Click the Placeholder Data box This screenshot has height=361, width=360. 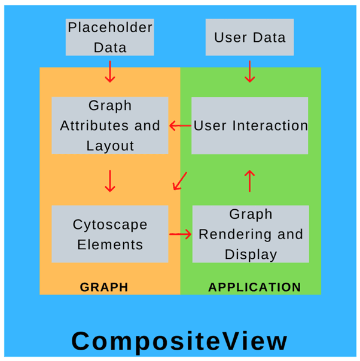point(110,37)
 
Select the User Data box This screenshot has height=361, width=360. point(250,37)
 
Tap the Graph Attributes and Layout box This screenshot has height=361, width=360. point(110,126)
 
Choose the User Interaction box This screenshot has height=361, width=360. point(250,126)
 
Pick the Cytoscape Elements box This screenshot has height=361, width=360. point(110,234)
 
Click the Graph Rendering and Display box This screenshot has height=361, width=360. point(251,234)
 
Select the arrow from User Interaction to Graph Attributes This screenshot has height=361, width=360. point(179,126)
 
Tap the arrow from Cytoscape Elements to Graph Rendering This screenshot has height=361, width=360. point(179,234)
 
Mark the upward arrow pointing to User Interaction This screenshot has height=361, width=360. point(250,180)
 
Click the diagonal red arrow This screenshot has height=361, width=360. point(179,181)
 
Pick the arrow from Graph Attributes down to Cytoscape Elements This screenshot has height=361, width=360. point(109,180)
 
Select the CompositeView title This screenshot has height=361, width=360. point(179,341)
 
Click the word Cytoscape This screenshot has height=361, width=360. point(110,225)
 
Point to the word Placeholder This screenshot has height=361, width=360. point(110,27)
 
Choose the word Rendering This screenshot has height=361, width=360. point(251,234)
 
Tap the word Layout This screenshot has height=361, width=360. point(110,145)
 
